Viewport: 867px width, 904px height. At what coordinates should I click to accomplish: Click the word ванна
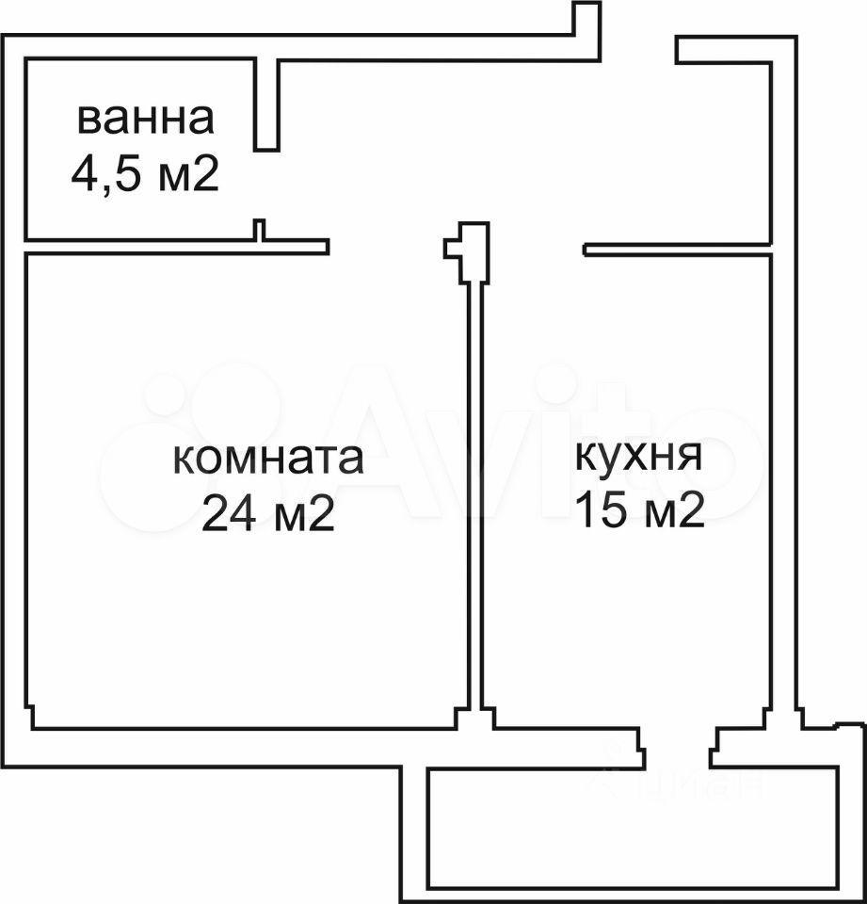145,120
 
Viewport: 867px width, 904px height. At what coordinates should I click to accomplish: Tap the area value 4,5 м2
145,173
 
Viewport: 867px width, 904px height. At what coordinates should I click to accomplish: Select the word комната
268,459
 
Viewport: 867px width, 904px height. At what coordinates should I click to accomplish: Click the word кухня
639,457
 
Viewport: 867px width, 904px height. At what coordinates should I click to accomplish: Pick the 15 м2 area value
640,509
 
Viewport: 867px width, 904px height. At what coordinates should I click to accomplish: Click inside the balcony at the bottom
632,828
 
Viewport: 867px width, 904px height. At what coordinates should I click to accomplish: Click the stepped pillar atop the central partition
468,252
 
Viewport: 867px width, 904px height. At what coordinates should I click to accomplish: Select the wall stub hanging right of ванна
266,105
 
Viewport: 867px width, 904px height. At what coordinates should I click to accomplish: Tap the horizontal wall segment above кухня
678,249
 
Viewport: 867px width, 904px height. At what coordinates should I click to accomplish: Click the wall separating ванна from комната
176,246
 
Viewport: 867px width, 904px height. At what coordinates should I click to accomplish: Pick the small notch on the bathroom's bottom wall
260,230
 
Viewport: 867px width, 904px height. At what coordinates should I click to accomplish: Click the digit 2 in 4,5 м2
207,173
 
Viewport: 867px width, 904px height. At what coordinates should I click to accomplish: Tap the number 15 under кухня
602,509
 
